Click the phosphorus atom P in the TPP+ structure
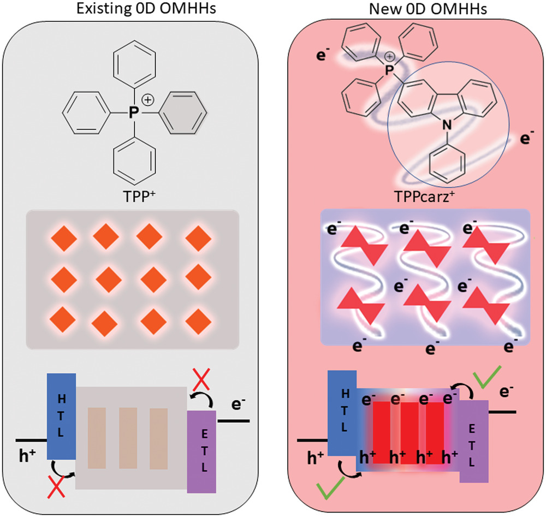pyautogui.click(x=130, y=112)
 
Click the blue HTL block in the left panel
pyautogui.click(x=61, y=415)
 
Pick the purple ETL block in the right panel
pyautogui.click(x=474, y=441)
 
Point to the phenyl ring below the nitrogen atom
pyautogui.click(x=447, y=162)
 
